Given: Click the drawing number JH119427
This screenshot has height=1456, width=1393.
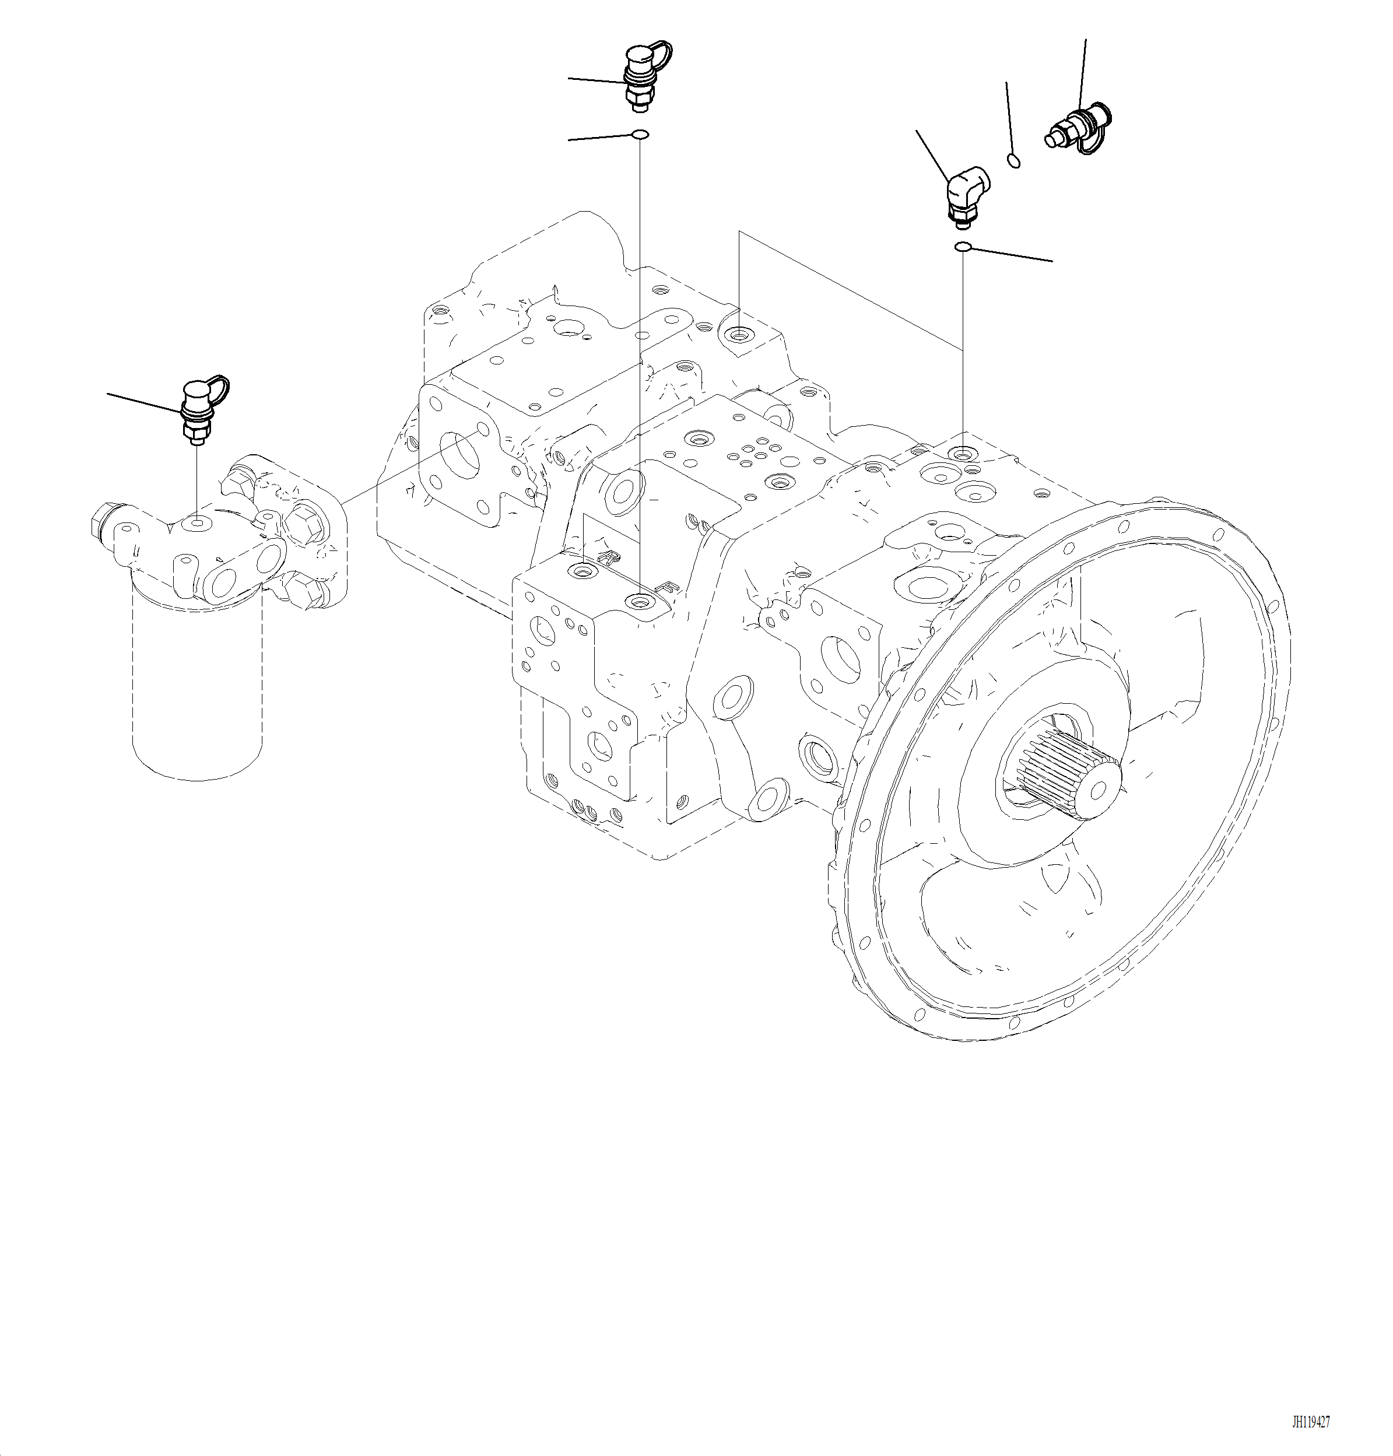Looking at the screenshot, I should pos(1311,1422).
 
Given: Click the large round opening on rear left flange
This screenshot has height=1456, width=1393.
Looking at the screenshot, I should pos(461,459).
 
